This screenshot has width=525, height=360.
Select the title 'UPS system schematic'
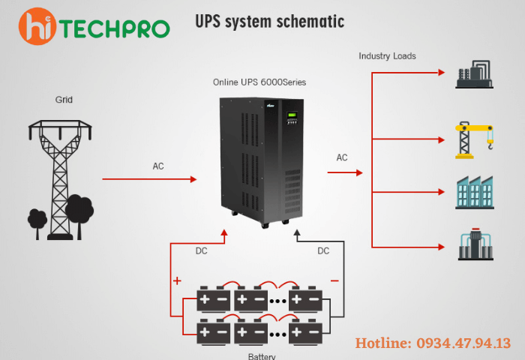(269, 21)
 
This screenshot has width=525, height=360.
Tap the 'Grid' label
(64, 99)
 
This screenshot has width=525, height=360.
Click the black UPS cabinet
(262, 161)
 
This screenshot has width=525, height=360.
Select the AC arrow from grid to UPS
(149, 179)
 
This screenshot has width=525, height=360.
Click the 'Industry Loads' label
(387, 56)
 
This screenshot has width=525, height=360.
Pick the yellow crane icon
(475, 139)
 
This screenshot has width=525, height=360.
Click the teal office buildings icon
(475, 193)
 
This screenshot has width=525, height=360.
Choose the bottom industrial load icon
(475, 243)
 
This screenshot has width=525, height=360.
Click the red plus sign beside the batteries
(178, 281)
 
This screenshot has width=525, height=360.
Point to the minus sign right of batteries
(334, 280)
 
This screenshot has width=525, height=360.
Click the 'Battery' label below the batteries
(262, 355)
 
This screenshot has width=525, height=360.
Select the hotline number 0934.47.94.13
(433, 343)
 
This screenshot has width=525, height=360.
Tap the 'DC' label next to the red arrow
(202, 251)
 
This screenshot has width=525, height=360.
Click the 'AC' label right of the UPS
(342, 157)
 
